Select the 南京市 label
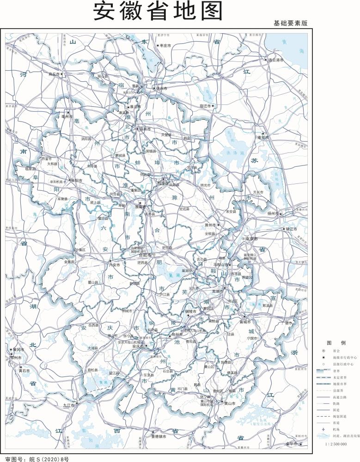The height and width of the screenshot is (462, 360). (x=250, y=239)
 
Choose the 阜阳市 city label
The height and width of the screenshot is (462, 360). (x=77, y=181)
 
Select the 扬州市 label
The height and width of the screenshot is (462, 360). (x=273, y=214)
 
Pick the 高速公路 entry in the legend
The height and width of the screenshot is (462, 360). (x=339, y=396)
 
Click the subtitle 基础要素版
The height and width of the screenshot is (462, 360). (x=290, y=23)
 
